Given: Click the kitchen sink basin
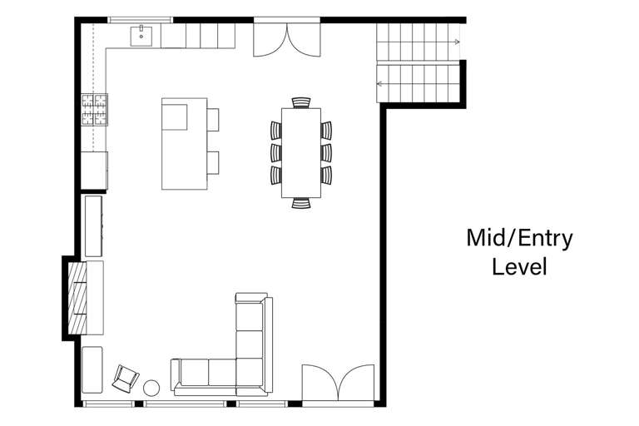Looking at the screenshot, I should click(x=141, y=35).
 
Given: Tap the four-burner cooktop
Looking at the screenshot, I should click(x=95, y=110).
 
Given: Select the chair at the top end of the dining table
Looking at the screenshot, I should click(x=300, y=102).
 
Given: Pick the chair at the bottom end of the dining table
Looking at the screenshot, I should click(x=300, y=202).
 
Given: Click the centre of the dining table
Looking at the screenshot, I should click(x=300, y=152).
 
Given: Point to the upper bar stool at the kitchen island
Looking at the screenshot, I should click(x=214, y=120).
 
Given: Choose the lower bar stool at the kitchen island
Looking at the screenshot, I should click(x=214, y=161).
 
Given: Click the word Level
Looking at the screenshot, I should click(x=519, y=267).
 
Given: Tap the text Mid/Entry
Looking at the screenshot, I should click(x=519, y=239).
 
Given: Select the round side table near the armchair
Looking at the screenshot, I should click(x=152, y=388).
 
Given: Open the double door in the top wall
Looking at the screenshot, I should click(x=287, y=38).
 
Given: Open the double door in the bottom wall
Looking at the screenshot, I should click(x=338, y=384).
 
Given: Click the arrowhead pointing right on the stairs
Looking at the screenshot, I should click(x=457, y=41).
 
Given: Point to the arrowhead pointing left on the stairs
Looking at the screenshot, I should click(x=379, y=83).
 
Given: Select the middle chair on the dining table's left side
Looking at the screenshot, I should click(x=276, y=152).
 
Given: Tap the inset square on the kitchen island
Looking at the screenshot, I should click(x=176, y=119).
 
